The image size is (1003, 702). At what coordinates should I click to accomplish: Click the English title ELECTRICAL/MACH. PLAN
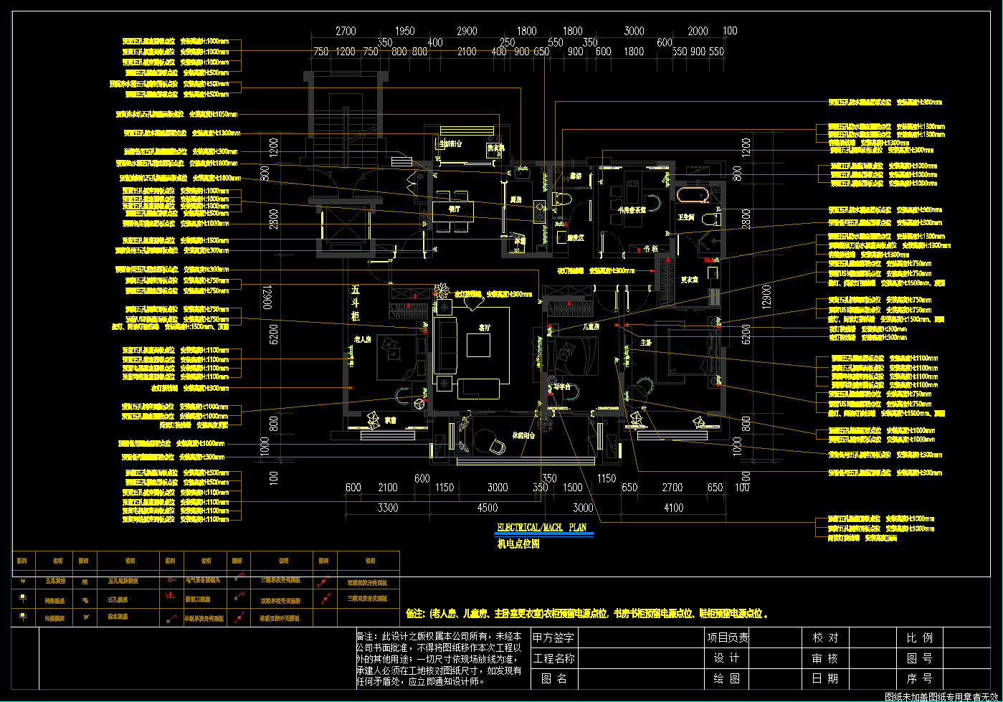tap(541, 528)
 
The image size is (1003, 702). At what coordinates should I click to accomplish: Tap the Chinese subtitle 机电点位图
tap(518, 544)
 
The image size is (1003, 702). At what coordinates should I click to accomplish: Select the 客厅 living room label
tap(484, 328)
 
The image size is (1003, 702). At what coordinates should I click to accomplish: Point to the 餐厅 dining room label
tap(455, 209)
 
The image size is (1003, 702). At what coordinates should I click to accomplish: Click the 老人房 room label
tap(362, 339)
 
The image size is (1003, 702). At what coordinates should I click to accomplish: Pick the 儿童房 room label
tap(591, 326)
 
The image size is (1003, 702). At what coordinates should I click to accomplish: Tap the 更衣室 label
tap(689, 280)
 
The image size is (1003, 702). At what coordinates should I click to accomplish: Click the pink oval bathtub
tap(693, 195)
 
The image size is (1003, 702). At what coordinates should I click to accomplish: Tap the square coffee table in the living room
tap(478, 345)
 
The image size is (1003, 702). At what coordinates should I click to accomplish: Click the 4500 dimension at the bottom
tap(488, 508)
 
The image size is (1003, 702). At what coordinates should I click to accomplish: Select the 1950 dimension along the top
tap(405, 31)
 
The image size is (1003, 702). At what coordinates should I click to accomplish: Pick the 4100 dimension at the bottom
tap(673, 508)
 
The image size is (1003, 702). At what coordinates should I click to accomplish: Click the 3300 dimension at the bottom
tap(388, 508)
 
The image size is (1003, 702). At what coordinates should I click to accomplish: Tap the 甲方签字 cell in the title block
tap(553, 637)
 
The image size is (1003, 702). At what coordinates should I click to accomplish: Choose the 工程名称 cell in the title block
tap(553, 658)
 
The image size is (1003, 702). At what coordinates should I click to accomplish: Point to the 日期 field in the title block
tap(824, 678)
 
